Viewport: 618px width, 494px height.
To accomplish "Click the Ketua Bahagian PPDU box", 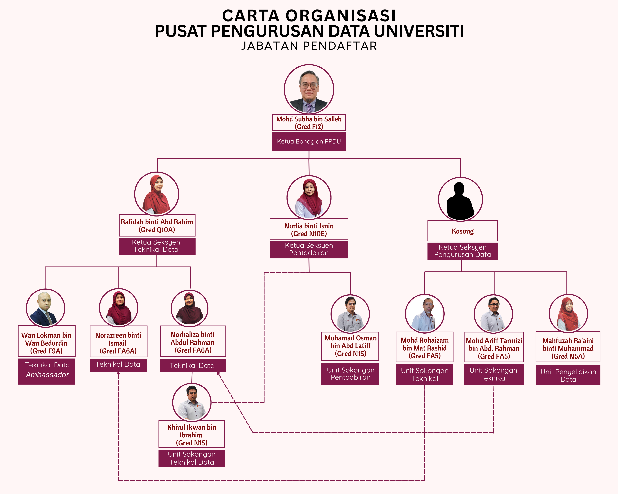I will pyautogui.click(x=309, y=142).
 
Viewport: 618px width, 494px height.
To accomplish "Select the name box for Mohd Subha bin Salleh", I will pyautogui.click(x=309, y=123).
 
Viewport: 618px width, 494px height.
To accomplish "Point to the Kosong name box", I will pyautogui.click(x=462, y=231).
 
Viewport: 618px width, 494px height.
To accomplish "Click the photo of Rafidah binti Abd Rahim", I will pyautogui.click(x=156, y=194).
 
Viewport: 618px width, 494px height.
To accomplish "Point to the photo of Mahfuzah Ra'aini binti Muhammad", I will pyautogui.click(x=568, y=314).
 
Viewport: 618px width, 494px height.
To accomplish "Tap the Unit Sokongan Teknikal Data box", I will pyautogui.click(x=191, y=458).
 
